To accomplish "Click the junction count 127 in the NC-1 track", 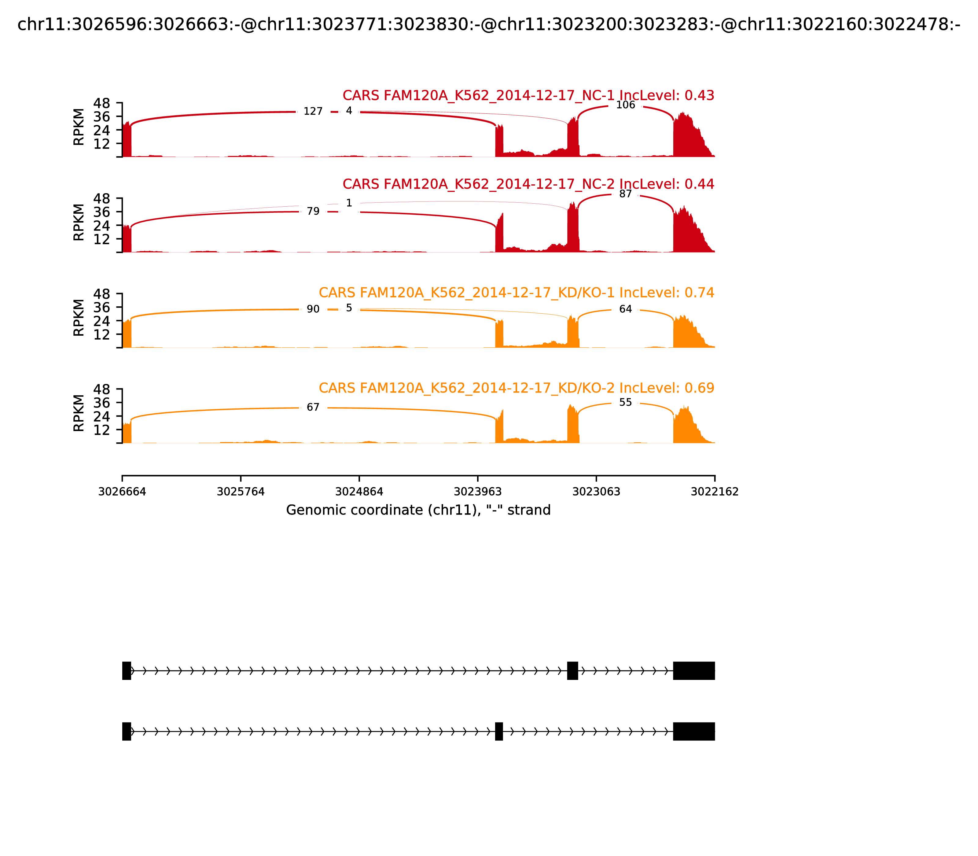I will pos(313,111).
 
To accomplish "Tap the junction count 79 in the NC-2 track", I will pos(313,211).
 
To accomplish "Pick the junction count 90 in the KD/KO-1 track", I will pos(313,309).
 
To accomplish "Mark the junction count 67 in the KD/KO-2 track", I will pos(313,407).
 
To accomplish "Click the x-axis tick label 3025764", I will pos(241,492).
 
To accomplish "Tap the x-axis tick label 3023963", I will pos(477,492).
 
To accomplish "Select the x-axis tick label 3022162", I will pos(715,492).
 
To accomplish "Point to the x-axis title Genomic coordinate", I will pos(418,510).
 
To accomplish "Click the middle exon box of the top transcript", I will pos(572,671).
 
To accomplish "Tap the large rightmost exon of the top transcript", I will pos(694,671).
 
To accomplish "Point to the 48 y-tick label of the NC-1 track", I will pos(101,103).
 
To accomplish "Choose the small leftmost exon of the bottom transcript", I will pos(127,731).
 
